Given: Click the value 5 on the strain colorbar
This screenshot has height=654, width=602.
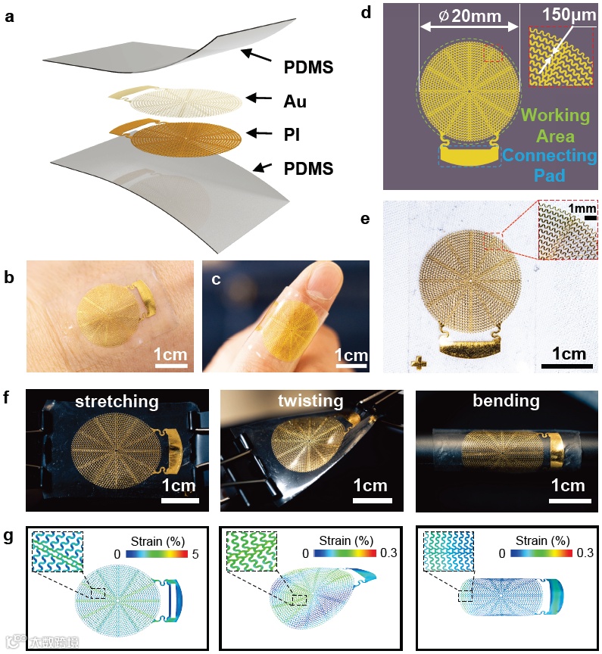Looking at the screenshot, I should [195, 554].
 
